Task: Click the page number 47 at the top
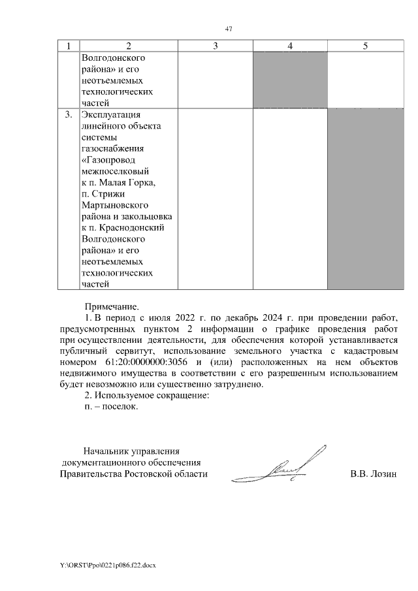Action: pos(229,29)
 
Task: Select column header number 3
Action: pos(215,46)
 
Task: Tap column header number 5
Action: pos(365,46)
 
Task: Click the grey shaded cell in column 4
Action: pos(290,79)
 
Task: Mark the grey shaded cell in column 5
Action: pos(365,199)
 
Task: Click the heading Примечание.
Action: pos(112,306)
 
